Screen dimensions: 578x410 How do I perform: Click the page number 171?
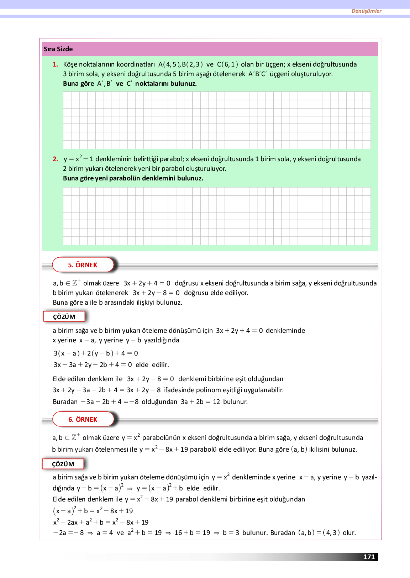point(369,557)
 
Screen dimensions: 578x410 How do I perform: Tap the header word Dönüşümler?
point(366,11)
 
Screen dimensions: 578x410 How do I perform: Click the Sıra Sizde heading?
point(58,49)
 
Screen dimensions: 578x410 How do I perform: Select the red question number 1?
point(55,64)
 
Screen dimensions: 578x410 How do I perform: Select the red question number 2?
point(55,159)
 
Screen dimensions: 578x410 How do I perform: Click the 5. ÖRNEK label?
point(83,265)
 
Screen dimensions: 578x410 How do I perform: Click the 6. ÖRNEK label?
point(83,419)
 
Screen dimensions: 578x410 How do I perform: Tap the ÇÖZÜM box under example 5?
point(64,316)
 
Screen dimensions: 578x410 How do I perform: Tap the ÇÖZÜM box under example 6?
point(63,464)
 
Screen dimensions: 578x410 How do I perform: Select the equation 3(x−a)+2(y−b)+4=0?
point(96,353)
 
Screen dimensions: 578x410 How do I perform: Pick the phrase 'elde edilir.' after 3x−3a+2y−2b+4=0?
point(152,365)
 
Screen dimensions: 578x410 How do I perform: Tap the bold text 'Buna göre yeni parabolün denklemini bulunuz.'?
point(133,178)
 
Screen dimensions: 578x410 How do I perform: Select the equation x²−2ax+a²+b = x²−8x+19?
point(101,522)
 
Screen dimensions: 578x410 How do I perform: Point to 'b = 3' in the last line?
point(231,533)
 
